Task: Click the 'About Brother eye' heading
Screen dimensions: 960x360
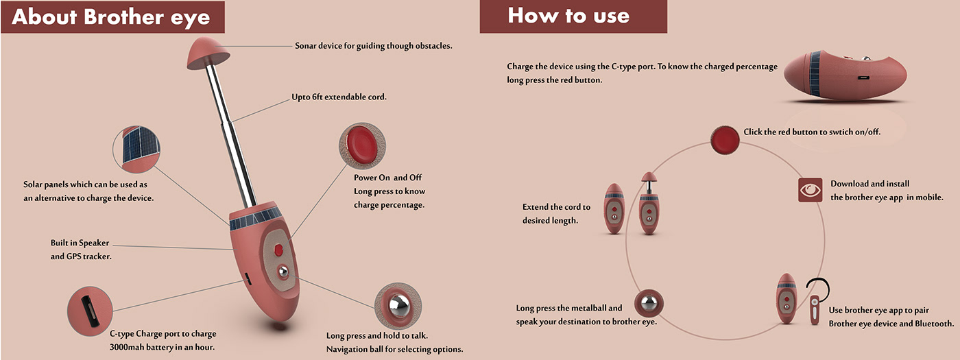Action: coord(111,18)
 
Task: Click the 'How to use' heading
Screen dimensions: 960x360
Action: coord(568,16)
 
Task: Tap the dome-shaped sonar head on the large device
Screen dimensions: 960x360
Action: coord(208,53)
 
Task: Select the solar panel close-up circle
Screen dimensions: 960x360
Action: coord(136,149)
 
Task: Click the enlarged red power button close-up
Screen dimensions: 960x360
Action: coord(362,145)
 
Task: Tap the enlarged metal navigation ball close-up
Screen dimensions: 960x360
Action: coord(398,306)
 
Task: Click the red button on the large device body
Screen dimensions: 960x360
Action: coord(278,250)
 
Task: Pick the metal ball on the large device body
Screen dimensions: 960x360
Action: coord(283,272)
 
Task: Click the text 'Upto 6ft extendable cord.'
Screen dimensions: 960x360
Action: coord(339,97)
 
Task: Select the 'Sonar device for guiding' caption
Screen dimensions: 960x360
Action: coord(373,46)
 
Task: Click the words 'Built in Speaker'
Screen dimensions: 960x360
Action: coord(80,243)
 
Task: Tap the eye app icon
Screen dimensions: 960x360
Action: coord(810,190)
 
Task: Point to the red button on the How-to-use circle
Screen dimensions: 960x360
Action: coord(725,140)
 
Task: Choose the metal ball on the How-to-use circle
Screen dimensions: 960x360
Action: coord(649,303)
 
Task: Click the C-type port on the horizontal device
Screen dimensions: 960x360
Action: coord(863,78)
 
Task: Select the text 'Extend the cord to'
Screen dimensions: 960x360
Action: coord(556,207)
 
